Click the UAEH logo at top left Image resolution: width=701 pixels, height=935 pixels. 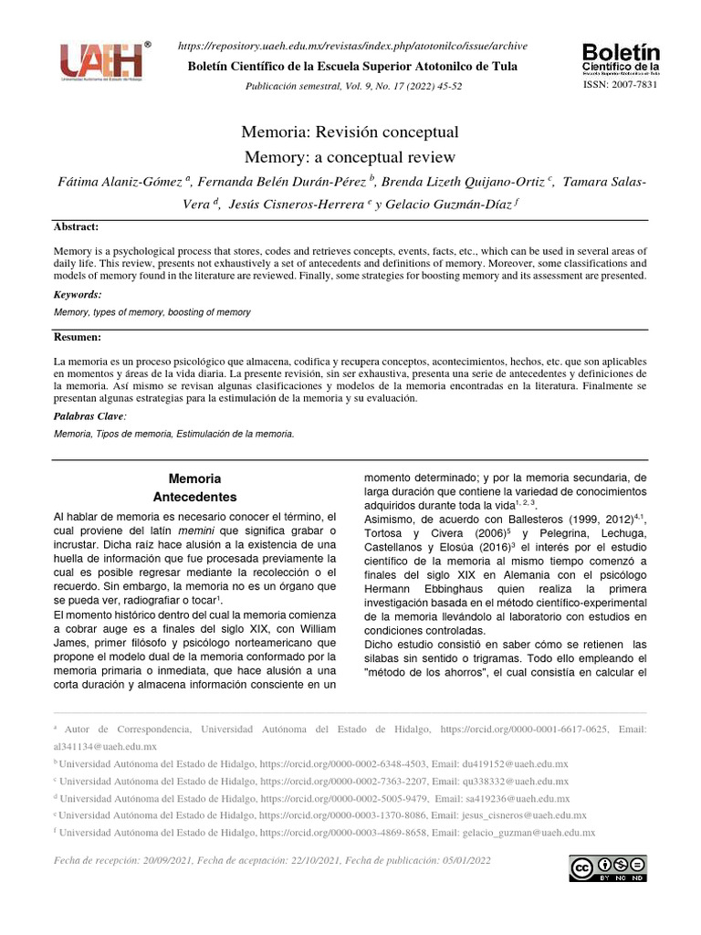pyautogui.click(x=101, y=61)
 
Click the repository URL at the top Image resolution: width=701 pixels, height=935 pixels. pyautogui.click(x=351, y=47)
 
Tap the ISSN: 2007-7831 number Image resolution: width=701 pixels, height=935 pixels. pyautogui.click(x=619, y=84)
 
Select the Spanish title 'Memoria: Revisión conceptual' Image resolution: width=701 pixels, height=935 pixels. pyautogui.click(x=350, y=132)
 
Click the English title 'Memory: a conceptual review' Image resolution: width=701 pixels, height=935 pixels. pyautogui.click(x=350, y=156)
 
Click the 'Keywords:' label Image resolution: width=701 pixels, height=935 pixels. pyautogui.click(x=78, y=295)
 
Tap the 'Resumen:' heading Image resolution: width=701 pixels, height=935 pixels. pyautogui.click(x=79, y=338)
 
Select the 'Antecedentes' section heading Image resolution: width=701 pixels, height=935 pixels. pyautogui.click(x=195, y=498)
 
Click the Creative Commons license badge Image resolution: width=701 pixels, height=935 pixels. pyautogui.click(x=608, y=868)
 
